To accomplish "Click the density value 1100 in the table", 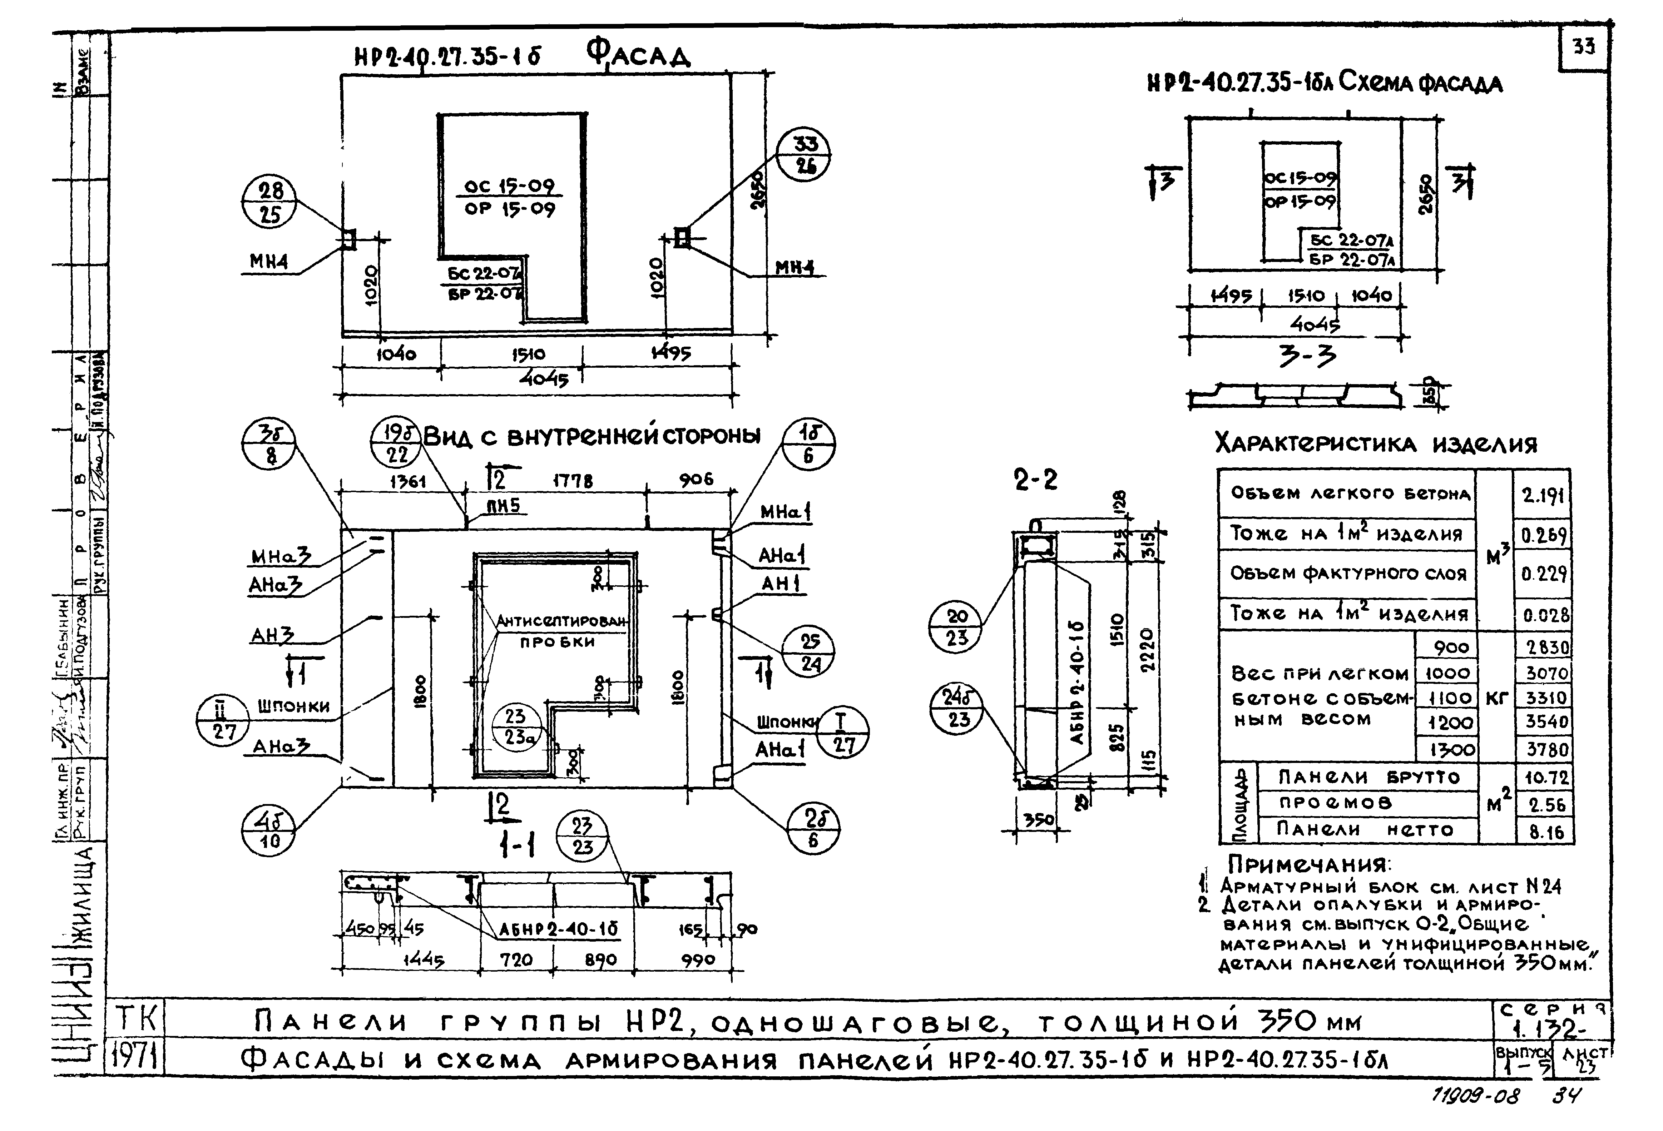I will click(x=1448, y=698).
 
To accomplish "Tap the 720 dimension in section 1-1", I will click(x=516, y=959).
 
